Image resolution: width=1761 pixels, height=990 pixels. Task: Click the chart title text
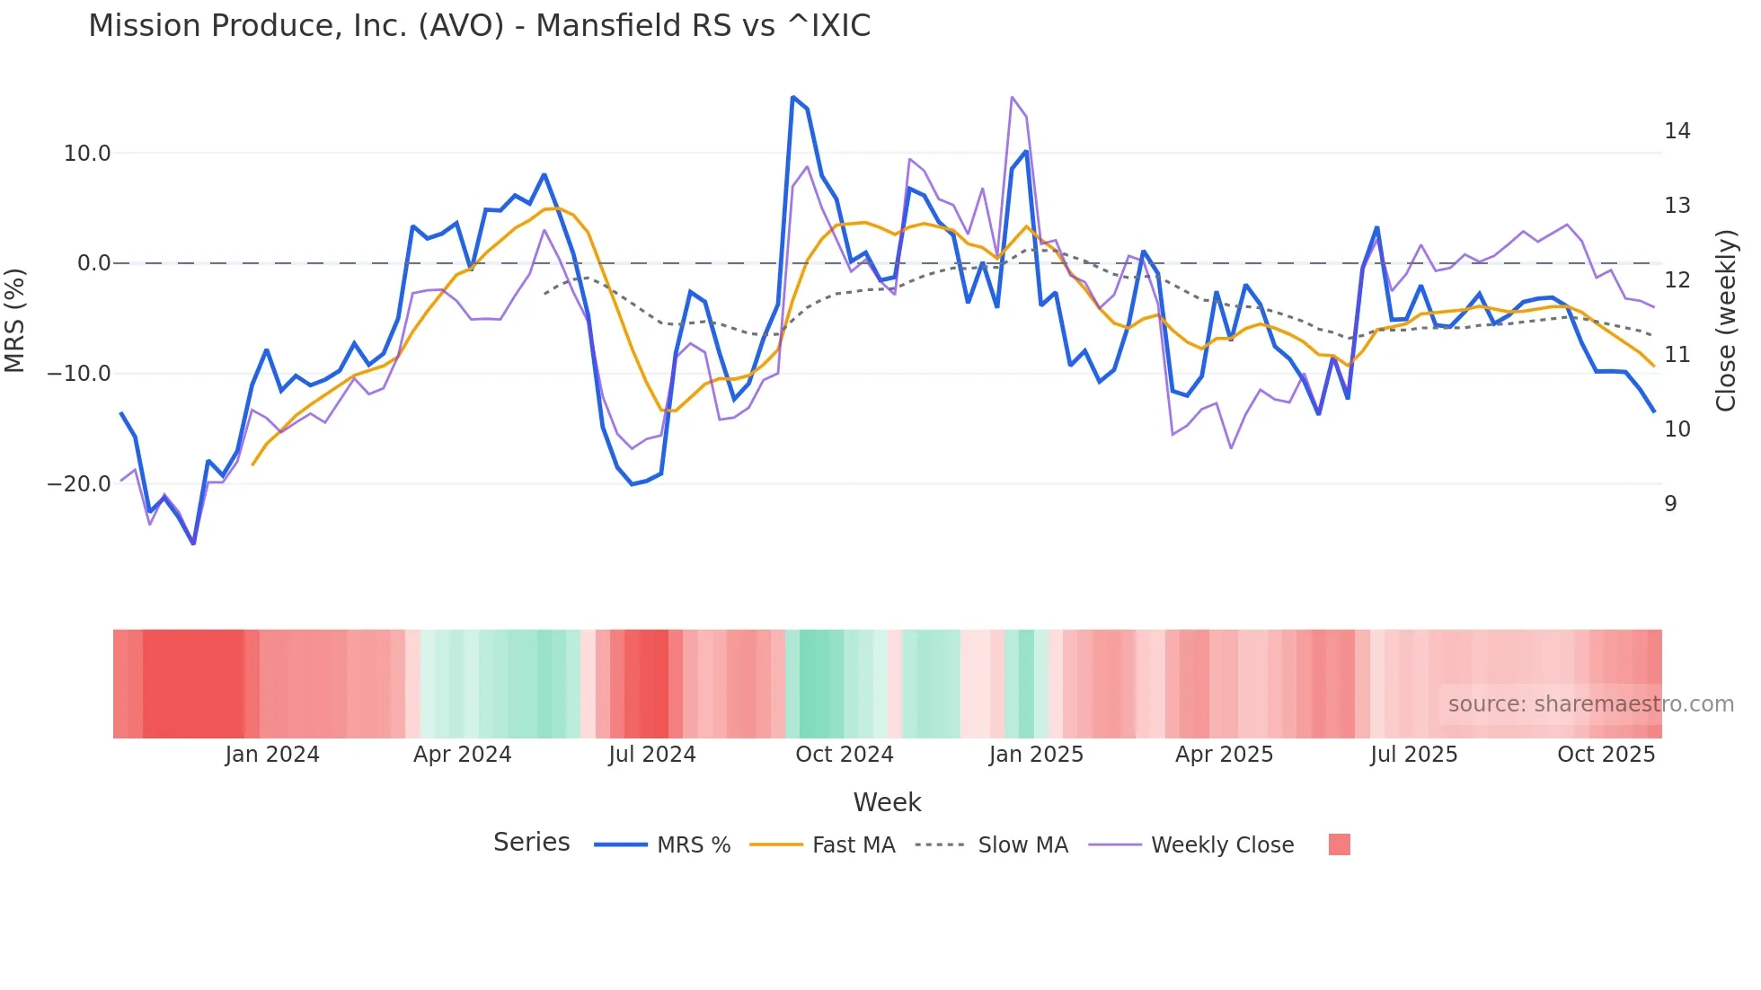(479, 26)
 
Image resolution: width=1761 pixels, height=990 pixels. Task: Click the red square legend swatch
(1339, 844)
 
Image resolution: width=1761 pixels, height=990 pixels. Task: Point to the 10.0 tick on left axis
(87, 154)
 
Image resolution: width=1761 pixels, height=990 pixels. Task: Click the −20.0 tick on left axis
(79, 484)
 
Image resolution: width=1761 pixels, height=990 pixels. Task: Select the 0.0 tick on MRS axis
(94, 263)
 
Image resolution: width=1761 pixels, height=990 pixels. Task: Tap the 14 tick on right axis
(1677, 131)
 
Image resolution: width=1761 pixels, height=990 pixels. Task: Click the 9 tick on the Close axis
(1670, 504)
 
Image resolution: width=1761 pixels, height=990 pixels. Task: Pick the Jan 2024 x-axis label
(272, 755)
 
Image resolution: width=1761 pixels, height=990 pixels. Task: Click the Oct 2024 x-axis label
(844, 755)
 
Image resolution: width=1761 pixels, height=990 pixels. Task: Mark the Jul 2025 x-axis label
(1413, 755)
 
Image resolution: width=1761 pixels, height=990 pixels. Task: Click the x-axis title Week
(887, 802)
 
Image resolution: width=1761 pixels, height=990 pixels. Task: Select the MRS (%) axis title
(15, 320)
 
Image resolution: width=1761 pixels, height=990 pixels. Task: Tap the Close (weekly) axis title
(1725, 321)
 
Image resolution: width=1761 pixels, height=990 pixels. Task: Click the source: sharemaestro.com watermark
(1590, 704)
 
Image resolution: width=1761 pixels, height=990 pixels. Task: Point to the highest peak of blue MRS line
(792, 97)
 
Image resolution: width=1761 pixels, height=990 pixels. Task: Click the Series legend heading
(531, 843)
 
